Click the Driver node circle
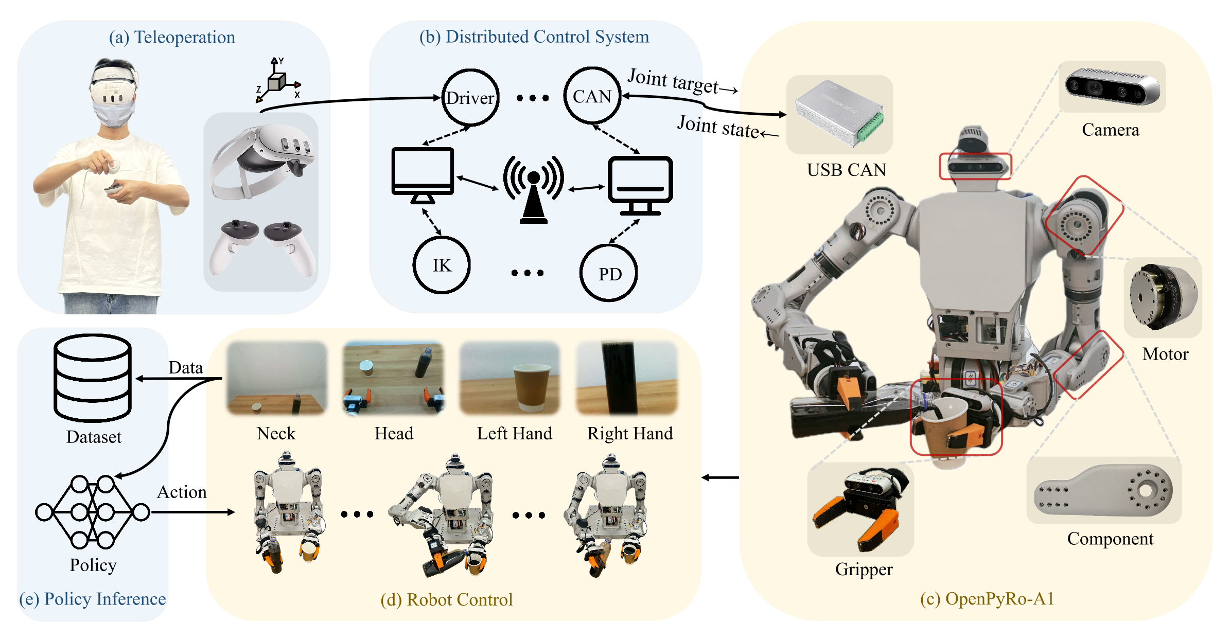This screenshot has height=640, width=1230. [x=470, y=97]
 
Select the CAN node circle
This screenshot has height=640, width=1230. [x=592, y=96]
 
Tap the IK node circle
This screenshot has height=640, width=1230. [x=442, y=265]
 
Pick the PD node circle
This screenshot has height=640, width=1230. [x=609, y=273]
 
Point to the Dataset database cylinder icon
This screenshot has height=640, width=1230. [x=93, y=378]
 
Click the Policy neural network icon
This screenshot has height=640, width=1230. [x=93, y=512]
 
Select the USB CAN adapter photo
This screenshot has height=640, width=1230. [x=839, y=114]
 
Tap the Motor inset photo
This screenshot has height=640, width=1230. [x=1163, y=297]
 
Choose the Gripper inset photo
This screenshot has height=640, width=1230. [x=860, y=509]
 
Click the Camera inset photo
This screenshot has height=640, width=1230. [x=1112, y=86]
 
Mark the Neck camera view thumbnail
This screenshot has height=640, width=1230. [x=277, y=378]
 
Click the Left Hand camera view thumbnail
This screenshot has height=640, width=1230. [x=509, y=378]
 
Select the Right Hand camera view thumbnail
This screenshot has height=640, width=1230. [x=627, y=378]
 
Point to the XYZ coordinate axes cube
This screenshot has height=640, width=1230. [x=277, y=82]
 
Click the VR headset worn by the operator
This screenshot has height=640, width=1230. [x=113, y=87]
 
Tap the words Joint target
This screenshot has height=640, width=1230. [x=673, y=81]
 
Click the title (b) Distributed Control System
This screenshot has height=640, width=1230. [x=534, y=37]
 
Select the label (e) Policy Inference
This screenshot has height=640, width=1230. [x=93, y=599]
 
